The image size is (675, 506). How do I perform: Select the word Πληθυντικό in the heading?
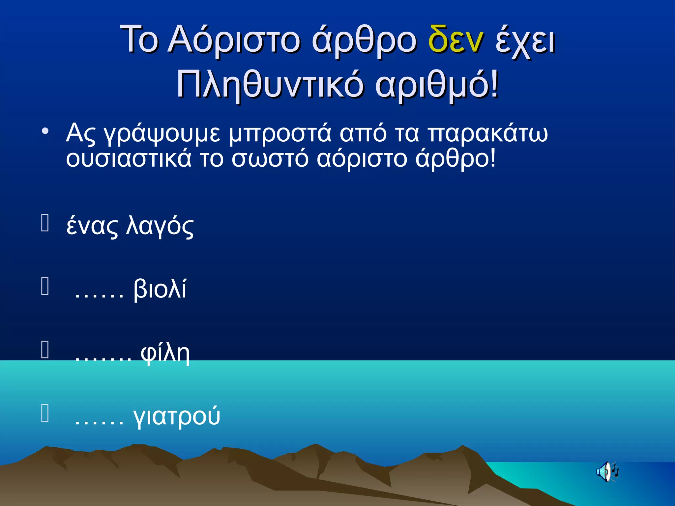(270, 86)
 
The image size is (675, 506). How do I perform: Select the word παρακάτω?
(488, 134)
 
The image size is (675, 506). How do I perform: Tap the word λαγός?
(160, 226)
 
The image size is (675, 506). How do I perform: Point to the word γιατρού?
(177, 417)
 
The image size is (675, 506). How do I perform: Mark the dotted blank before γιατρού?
(99, 423)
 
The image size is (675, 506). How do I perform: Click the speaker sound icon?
(607, 472)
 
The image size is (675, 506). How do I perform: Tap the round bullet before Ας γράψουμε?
(45, 131)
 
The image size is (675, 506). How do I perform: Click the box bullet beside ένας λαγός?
(45, 223)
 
